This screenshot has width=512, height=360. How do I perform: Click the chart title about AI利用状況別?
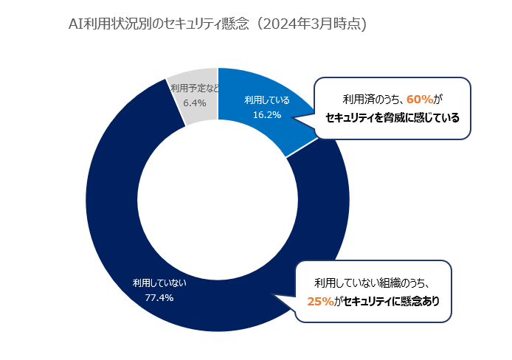pyautogui.click(x=217, y=24)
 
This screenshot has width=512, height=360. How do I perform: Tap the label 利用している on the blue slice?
pyautogui.click(x=267, y=100)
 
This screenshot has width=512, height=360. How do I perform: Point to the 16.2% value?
pyautogui.click(x=267, y=114)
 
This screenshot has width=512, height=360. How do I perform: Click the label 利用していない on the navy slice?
pyautogui.click(x=159, y=283)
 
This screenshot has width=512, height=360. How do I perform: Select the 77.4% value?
pyautogui.click(x=159, y=297)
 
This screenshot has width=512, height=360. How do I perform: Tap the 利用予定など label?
pyautogui.click(x=194, y=89)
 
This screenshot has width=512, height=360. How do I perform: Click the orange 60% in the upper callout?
pyautogui.click(x=419, y=99)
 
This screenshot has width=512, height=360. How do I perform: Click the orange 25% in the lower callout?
pyautogui.click(x=319, y=301)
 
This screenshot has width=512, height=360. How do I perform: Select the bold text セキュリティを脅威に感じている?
pyautogui.click(x=392, y=117)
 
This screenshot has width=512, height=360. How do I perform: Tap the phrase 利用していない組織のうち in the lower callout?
pyautogui.click(x=372, y=283)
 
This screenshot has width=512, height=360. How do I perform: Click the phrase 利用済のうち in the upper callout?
pyautogui.click(x=372, y=99)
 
